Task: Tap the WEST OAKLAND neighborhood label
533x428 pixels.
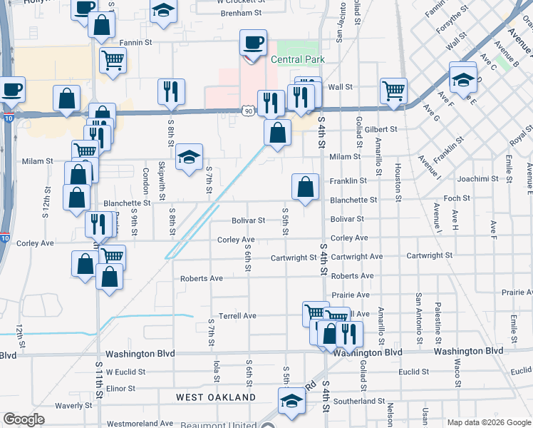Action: [x=216, y=397]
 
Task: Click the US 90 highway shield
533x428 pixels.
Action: [x=247, y=112]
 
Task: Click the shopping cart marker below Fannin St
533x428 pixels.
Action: [x=113, y=61]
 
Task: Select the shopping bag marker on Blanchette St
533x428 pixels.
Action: [x=305, y=188]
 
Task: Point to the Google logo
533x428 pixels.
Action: [x=24, y=419]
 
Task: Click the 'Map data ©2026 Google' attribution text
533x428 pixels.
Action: [x=489, y=422]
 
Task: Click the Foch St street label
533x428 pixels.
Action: [x=457, y=198]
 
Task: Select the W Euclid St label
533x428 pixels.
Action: [x=125, y=372]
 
